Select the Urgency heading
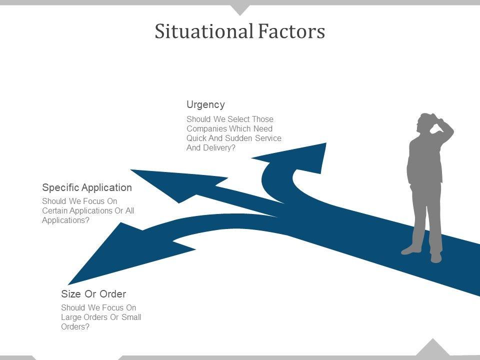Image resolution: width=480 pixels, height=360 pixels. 205,104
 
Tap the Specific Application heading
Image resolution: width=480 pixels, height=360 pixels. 87,187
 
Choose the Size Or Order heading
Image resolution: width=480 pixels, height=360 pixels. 93,293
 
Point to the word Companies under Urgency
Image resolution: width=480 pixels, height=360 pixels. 206,128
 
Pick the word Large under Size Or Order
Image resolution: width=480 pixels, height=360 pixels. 71,317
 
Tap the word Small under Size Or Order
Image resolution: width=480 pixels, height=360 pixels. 131,317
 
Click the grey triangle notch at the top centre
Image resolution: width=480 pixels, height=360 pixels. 240,8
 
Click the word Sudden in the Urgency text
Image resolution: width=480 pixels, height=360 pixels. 239,138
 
